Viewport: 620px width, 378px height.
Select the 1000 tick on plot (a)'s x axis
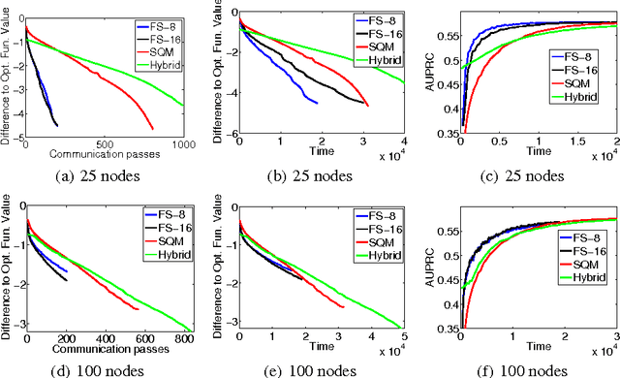click(182, 143)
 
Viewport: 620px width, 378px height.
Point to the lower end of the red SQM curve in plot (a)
click(153, 128)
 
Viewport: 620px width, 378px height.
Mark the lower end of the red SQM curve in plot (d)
click(139, 310)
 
